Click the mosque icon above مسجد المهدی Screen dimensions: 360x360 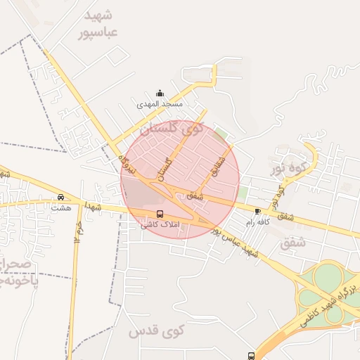160,94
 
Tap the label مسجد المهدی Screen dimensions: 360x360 160,104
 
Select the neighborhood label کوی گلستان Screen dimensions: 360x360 172,129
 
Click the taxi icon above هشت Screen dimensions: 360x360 61,198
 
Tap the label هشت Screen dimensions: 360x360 61,207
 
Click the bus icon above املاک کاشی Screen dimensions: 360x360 160,214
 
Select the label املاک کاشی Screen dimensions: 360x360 160,225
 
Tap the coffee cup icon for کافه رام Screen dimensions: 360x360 257,211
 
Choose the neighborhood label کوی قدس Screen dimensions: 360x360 156,329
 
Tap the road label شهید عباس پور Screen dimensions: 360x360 237,240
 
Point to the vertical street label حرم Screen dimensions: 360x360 80,228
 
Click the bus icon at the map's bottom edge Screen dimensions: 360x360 251,356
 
